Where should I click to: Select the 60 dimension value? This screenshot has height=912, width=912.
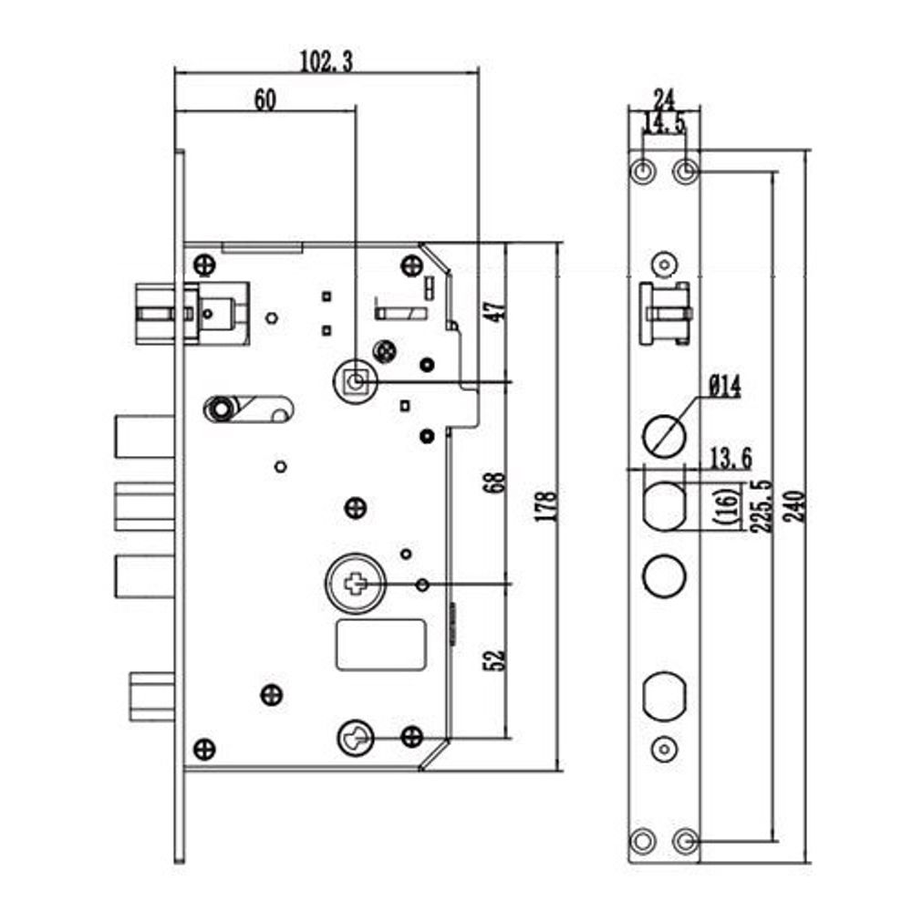pyautogui.click(x=264, y=100)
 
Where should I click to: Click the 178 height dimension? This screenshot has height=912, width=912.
pyautogui.click(x=547, y=508)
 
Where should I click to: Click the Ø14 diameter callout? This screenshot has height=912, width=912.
pyautogui.click(x=725, y=389)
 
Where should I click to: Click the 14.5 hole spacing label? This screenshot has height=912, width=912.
pyautogui.click(x=664, y=123)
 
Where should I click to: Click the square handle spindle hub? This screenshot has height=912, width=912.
pyautogui.click(x=354, y=380)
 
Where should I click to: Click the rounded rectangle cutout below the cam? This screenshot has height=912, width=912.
pyautogui.click(x=382, y=644)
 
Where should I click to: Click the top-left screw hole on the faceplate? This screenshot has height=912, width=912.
pyautogui.click(x=644, y=171)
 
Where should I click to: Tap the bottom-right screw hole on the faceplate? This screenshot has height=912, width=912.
pyautogui.click(x=686, y=839)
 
